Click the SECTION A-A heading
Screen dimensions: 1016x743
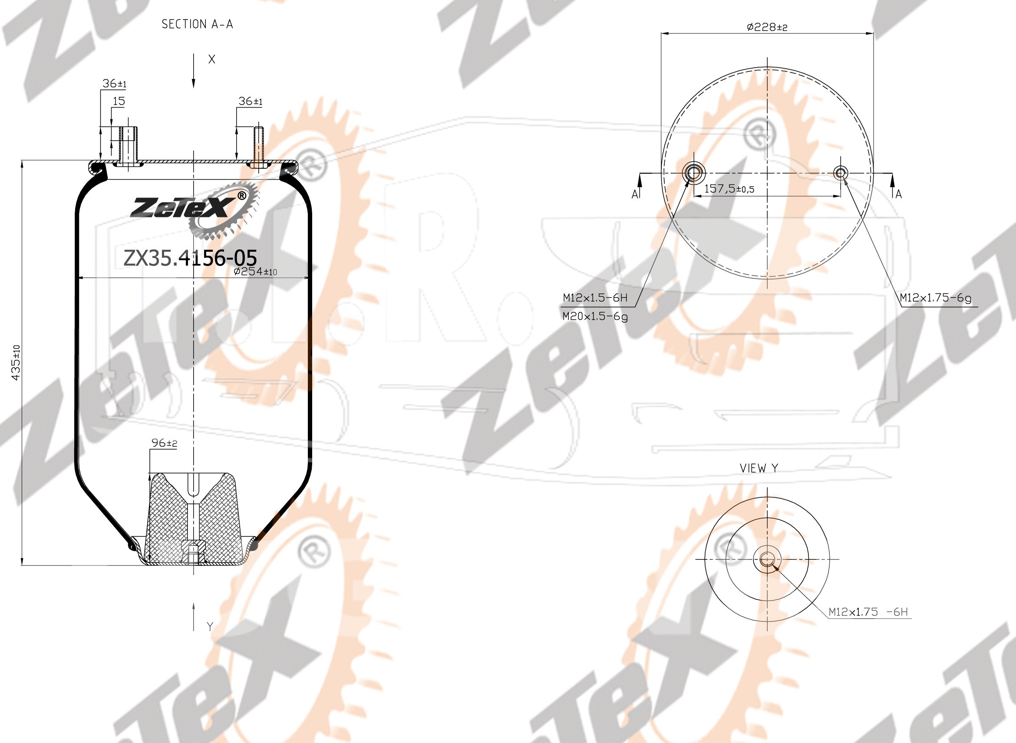pyautogui.click(x=197, y=24)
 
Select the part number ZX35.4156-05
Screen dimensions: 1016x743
pyautogui.click(x=190, y=258)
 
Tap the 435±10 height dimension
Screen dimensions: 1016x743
pyautogui.click(x=16, y=362)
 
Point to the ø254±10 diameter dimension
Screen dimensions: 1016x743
pyautogui.click(x=256, y=272)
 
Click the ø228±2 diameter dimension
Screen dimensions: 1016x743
pyautogui.click(x=767, y=27)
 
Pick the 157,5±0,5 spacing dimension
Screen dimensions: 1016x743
pyautogui.click(x=729, y=189)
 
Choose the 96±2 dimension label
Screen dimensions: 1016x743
pyautogui.click(x=164, y=443)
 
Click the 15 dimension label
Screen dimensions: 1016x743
pyautogui.click(x=119, y=101)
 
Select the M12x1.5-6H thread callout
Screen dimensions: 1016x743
pyautogui.click(x=595, y=298)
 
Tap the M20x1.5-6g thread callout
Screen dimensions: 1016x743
pyautogui.click(x=595, y=317)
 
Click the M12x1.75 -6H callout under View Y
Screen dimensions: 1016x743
pyautogui.click(x=868, y=612)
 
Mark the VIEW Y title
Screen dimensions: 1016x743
pyautogui.click(x=759, y=468)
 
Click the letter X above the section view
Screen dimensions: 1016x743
pyautogui.click(x=212, y=60)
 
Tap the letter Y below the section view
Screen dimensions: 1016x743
pyautogui.click(x=210, y=627)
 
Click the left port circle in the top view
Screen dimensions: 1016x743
pyautogui.click(x=694, y=172)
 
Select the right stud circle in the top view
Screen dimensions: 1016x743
pyautogui.click(x=841, y=172)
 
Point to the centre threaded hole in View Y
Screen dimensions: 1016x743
pyautogui.click(x=767, y=559)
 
